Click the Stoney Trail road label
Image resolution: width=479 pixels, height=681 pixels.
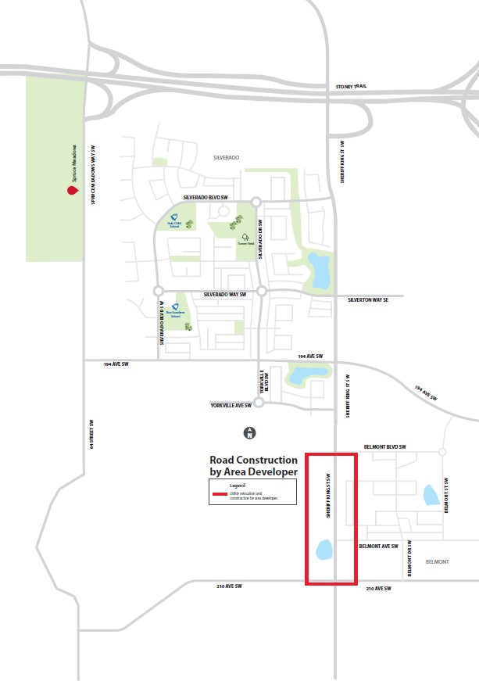(x=351, y=86)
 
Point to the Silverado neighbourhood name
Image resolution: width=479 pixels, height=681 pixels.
(x=226, y=157)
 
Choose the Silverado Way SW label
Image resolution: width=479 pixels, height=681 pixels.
(x=224, y=294)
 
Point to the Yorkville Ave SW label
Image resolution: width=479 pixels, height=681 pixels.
(x=231, y=406)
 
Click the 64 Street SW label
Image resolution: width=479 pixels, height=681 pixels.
(x=91, y=435)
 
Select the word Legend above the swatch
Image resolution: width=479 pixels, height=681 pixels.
(x=237, y=486)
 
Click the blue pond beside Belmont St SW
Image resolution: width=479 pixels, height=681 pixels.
(x=430, y=494)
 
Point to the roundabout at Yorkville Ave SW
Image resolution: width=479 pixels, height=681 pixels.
(x=259, y=404)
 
